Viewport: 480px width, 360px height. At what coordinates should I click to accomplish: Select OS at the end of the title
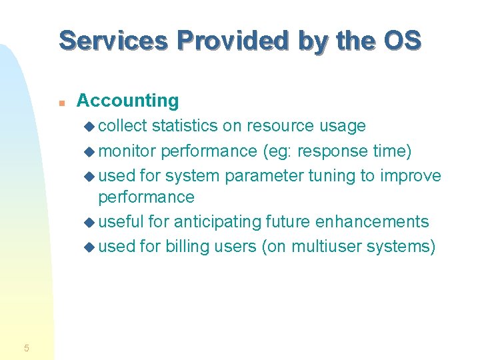click(403, 40)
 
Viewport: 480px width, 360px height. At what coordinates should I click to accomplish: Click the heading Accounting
click(127, 101)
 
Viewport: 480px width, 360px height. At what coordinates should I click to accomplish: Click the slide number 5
click(26, 347)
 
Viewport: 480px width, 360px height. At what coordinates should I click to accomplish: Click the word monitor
click(127, 151)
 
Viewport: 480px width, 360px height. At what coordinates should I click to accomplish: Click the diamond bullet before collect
click(91, 127)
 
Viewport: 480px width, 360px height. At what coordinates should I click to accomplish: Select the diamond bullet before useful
click(91, 222)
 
